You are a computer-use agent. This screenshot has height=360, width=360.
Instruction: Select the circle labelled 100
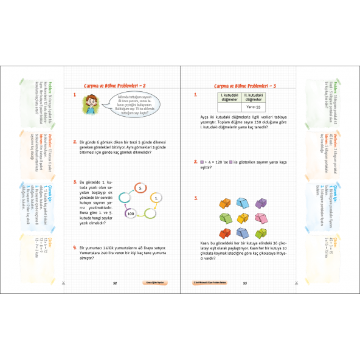(130, 213)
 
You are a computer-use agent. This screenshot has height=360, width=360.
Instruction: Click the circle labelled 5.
(140, 189)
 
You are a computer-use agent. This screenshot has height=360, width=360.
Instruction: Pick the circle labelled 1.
(156, 198)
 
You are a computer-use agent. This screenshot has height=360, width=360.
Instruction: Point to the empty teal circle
(126, 196)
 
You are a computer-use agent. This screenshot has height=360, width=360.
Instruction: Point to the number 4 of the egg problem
(73, 247)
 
